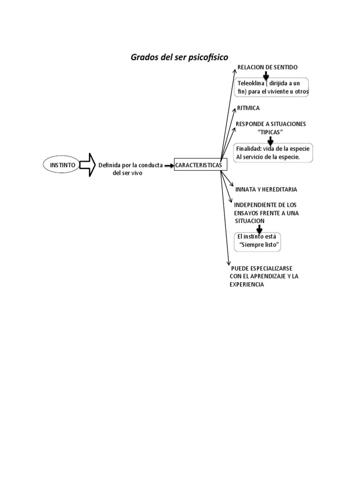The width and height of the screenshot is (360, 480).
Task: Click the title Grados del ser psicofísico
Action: pyautogui.click(x=179, y=57)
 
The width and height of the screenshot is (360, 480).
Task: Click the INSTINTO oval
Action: pyautogui.click(x=62, y=165)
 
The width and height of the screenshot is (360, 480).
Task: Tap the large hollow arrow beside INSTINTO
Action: pyautogui.click(x=87, y=165)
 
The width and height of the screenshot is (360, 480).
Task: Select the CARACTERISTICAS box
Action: pyautogui.click(x=201, y=165)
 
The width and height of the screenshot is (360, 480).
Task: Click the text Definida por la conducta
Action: pyautogui.click(x=130, y=165)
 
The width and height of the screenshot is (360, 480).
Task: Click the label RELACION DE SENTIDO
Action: pyautogui.click(x=267, y=67)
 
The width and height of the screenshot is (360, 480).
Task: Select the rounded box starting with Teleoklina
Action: pyautogui.click(x=272, y=88)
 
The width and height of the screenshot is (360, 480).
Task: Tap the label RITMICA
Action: pyautogui.click(x=248, y=108)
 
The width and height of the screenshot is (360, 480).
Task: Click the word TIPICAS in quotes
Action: pyautogui.click(x=270, y=132)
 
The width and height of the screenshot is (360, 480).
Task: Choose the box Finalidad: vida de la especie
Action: pyautogui.click(x=273, y=153)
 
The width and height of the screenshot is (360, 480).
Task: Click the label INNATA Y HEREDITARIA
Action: pyautogui.click(x=266, y=189)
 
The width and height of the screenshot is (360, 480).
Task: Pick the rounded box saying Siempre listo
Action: pyautogui.click(x=259, y=241)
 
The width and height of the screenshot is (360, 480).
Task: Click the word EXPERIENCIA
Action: pyautogui.click(x=247, y=285)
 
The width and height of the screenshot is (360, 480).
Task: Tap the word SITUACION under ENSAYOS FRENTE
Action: pyautogui.click(x=250, y=221)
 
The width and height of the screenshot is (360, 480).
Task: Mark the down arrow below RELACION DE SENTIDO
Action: pyautogui.click(x=266, y=75)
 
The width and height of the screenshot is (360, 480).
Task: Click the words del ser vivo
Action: pyautogui.click(x=127, y=173)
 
